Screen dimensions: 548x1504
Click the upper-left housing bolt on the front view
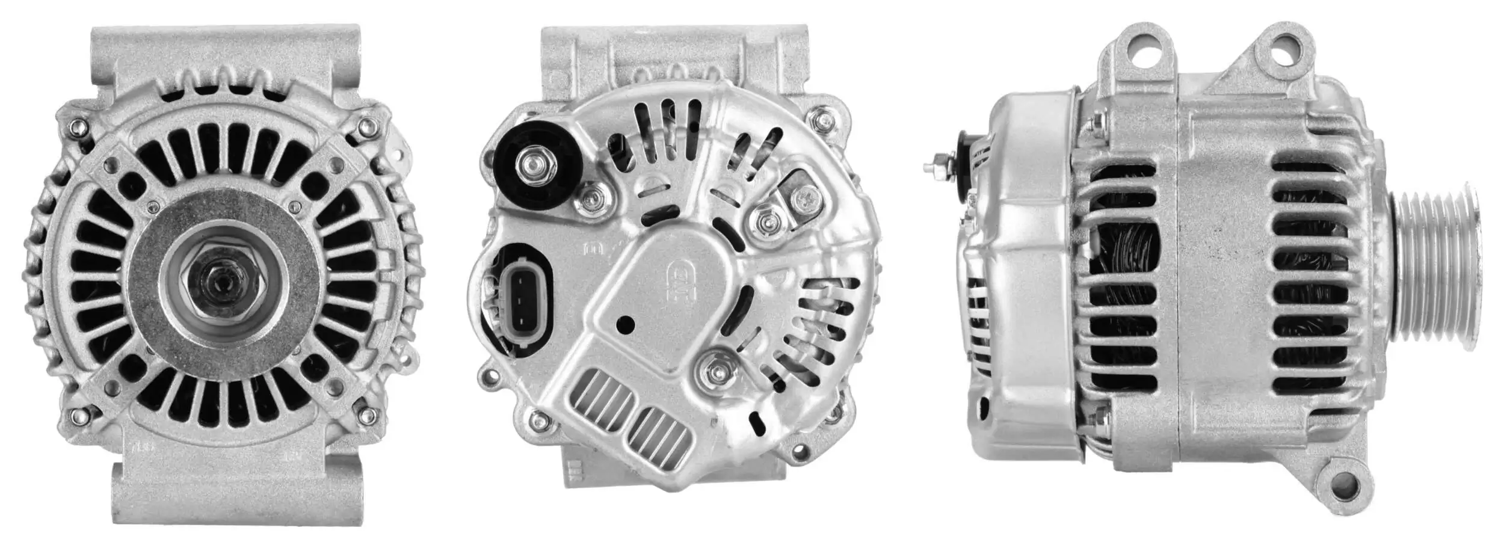coord(77,126)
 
